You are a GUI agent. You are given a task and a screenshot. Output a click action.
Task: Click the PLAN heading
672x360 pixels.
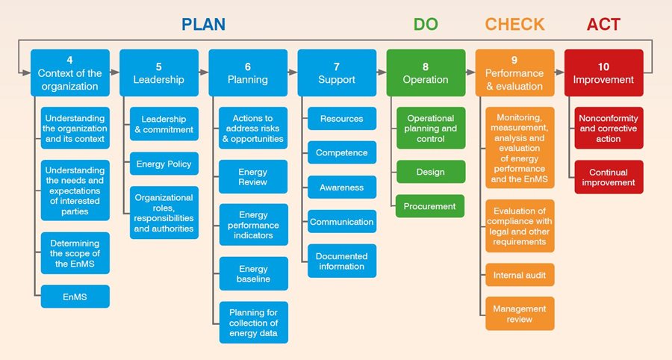pyautogui.click(x=203, y=24)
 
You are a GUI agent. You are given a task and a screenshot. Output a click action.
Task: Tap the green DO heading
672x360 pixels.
pyautogui.click(x=426, y=24)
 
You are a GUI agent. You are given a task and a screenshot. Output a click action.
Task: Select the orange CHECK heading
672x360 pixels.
pyautogui.click(x=514, y=24)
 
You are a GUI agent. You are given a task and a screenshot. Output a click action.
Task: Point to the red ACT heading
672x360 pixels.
pyautogui.click(x=603, y=24)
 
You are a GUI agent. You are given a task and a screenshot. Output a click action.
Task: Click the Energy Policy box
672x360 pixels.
pyautogui.click(x=164, y=164)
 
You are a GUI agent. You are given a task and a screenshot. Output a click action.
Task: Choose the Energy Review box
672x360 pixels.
pyautogui.click(x=253, y=177)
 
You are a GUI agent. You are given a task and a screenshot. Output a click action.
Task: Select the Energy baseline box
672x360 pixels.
pyautogui.click(x=253, y=274)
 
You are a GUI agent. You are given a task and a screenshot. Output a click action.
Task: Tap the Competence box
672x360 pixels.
pyautogui.click(x=342, y=153)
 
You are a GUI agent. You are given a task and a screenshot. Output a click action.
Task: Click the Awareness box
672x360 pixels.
pyautogui.click(x=342, y=187)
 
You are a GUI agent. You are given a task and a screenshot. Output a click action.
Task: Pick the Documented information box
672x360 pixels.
pyautogui.click(x=342, y=261)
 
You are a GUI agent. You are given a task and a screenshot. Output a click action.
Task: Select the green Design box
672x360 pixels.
pyautogui.click(x=431, y=172)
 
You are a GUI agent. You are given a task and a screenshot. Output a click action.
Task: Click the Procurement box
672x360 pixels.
pyautogui.click(x=431, y=206)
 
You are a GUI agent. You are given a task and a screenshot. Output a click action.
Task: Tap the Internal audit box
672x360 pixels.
pyautogui.click(x=520, y=276)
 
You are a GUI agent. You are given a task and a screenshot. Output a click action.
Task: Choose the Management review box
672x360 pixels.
pyautogui.click(x=520, y=314)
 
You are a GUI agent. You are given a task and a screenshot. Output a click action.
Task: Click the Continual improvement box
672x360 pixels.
pyautogui.click(x=609, y=177)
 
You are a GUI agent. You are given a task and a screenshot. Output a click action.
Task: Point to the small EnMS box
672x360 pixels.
pyautogui.click(x=75, y=297)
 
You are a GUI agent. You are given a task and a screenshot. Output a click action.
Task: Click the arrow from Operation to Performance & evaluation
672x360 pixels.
pyautogui.click(x=470, y=73)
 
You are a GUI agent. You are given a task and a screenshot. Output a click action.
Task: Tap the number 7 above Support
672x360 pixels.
pyautogui.click(x=337, y=66)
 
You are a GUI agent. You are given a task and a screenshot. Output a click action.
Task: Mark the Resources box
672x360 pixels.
pyautogui.click(x=342, y=119)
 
